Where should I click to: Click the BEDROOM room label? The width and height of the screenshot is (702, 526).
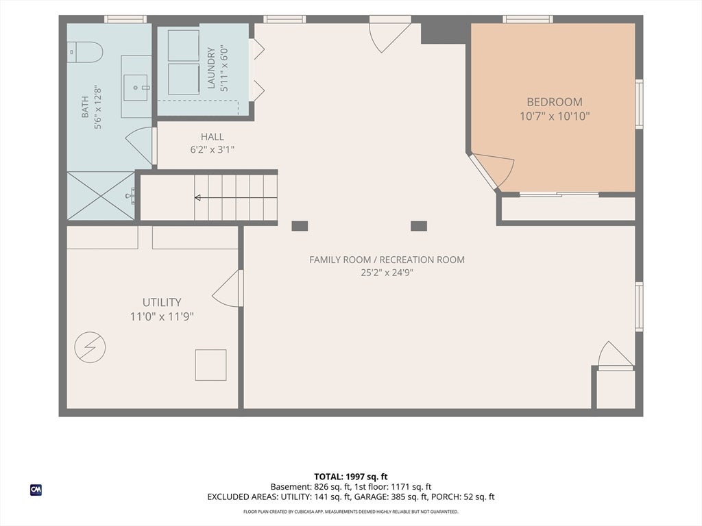coord(554,101)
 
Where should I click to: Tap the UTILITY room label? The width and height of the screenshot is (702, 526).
coord(162,302)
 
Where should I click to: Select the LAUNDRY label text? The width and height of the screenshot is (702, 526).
coord(211,68)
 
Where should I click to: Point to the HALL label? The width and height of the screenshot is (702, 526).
coord(213,137)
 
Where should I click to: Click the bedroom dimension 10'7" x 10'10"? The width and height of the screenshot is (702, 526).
coord(554,116)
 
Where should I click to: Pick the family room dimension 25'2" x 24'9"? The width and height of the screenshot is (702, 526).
coord(387,273)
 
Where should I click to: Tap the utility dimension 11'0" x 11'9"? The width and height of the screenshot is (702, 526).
coord(162,316)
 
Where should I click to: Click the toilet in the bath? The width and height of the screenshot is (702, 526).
coord(85,52)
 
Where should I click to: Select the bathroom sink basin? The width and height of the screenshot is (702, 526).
coord(135,88)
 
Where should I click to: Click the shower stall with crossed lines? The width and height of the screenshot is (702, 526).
coord(101,195)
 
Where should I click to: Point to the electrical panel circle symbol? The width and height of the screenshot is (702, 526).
coord(90,347)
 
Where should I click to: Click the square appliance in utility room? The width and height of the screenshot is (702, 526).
coord(210,365)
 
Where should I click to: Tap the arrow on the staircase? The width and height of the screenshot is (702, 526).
coord(236,198)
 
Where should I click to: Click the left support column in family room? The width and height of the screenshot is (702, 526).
coord(300,226)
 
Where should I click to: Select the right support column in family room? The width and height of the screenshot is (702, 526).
coord(419,226)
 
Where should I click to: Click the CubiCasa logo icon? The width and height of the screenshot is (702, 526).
coord(36,490)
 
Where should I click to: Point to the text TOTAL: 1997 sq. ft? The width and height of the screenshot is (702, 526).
coord(350,477)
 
